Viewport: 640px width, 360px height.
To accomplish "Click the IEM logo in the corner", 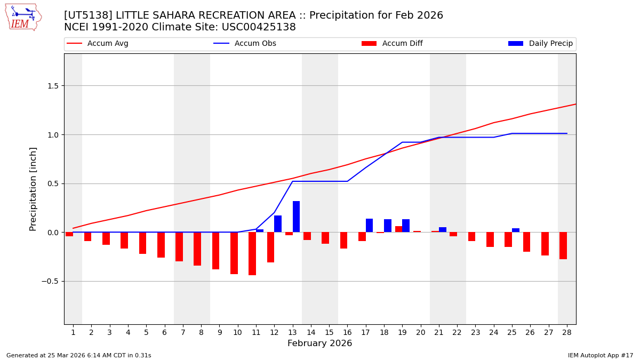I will [x=23, y=17].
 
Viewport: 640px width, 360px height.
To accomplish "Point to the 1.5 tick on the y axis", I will [x=54, y=86].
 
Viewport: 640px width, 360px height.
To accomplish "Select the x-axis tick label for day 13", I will [x=292, y=332].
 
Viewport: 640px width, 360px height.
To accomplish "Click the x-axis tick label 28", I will [x=566, y=332].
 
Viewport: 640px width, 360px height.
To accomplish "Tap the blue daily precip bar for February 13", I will [x=296, y=217].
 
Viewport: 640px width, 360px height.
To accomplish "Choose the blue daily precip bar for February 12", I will [x=278, y=224].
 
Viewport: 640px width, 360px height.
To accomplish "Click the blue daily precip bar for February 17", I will [x=369, y=226].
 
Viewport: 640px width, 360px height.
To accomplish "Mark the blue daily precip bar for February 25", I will [x=516, y=230].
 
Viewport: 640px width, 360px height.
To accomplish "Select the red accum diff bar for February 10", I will [x=234, y=253].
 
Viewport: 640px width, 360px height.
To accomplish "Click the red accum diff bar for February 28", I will [x=563, y=246].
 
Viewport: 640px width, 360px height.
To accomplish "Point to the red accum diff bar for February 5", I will [x=142, y=243].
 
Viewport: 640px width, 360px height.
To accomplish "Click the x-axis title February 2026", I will [x=319, y=343].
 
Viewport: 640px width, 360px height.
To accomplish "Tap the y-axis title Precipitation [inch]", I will [x=34, y=189].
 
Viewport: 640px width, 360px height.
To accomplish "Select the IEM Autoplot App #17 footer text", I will [x=601, y=355].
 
